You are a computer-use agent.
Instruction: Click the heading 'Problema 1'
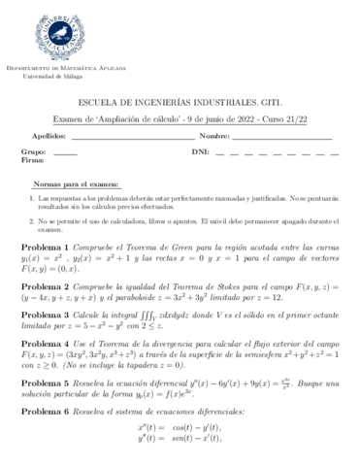pyautogui.click(x=45, y=247)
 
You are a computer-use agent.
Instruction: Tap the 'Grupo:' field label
pyautogui.click(x=33, y=152)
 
